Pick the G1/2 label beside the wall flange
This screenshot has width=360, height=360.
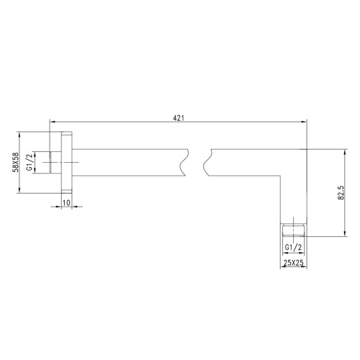(30, 163)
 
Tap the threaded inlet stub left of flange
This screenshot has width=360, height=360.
(54, 163)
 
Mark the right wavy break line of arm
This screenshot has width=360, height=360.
(207, 163)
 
